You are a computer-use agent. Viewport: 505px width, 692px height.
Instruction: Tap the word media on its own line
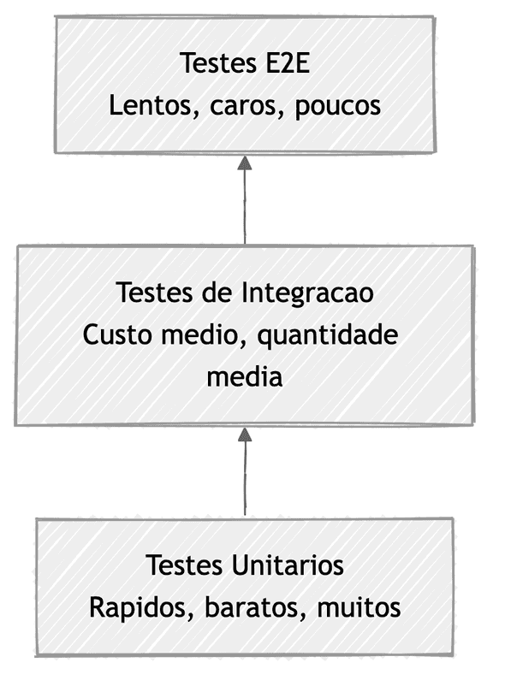pos(244,376)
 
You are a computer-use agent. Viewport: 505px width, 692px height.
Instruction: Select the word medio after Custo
pos(191,334)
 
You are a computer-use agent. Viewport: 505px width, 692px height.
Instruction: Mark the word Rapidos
pos(134,608)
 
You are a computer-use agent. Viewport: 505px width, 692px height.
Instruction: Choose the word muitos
pos(358,608)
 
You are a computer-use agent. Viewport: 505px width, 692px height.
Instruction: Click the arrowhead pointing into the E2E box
pos(245,163)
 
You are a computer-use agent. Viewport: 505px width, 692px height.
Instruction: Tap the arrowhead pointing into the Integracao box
pos(245,435)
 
